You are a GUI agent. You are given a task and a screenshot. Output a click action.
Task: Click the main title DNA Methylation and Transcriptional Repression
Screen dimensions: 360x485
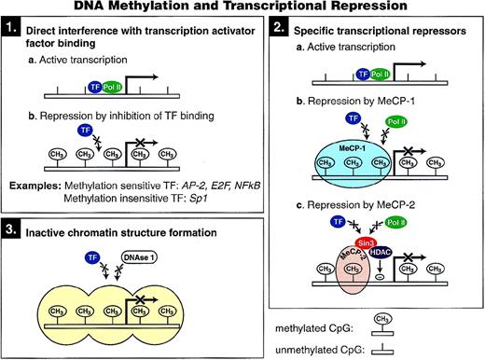point(244,7)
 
